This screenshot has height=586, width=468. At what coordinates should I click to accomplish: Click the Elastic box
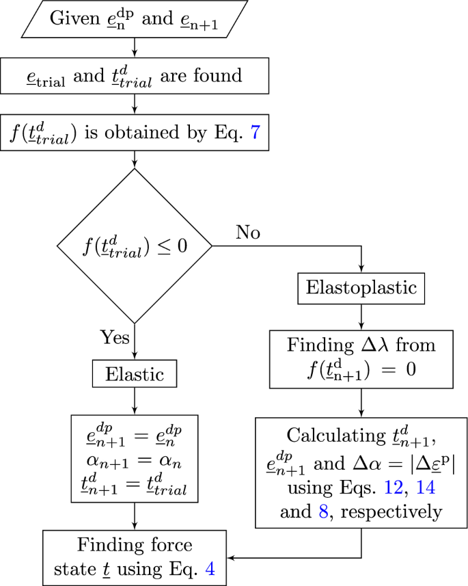pos(134,373)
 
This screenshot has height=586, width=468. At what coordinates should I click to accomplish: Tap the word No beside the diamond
pos(248,233)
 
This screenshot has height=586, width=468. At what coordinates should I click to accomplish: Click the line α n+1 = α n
pos(134,454)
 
